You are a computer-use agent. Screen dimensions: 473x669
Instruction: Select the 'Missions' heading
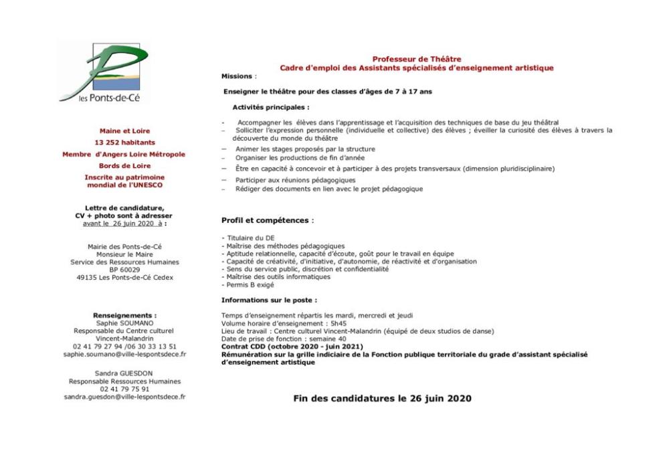[237, 76]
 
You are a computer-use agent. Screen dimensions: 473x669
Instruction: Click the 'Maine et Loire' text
[124, 131]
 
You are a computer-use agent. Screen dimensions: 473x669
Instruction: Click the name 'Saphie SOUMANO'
[125, 322]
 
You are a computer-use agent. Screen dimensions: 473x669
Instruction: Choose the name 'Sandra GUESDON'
[125, 373]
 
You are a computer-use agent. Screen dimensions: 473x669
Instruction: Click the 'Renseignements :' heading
[125, 314]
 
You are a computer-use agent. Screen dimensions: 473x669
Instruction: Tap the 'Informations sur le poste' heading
[269, 300]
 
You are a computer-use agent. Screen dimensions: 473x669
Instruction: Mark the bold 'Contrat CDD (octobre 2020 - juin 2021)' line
[292, 347]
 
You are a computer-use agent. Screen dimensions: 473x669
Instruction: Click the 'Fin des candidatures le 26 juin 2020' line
[382, 399]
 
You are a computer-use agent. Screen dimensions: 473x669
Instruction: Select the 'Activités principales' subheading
[271, 107]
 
